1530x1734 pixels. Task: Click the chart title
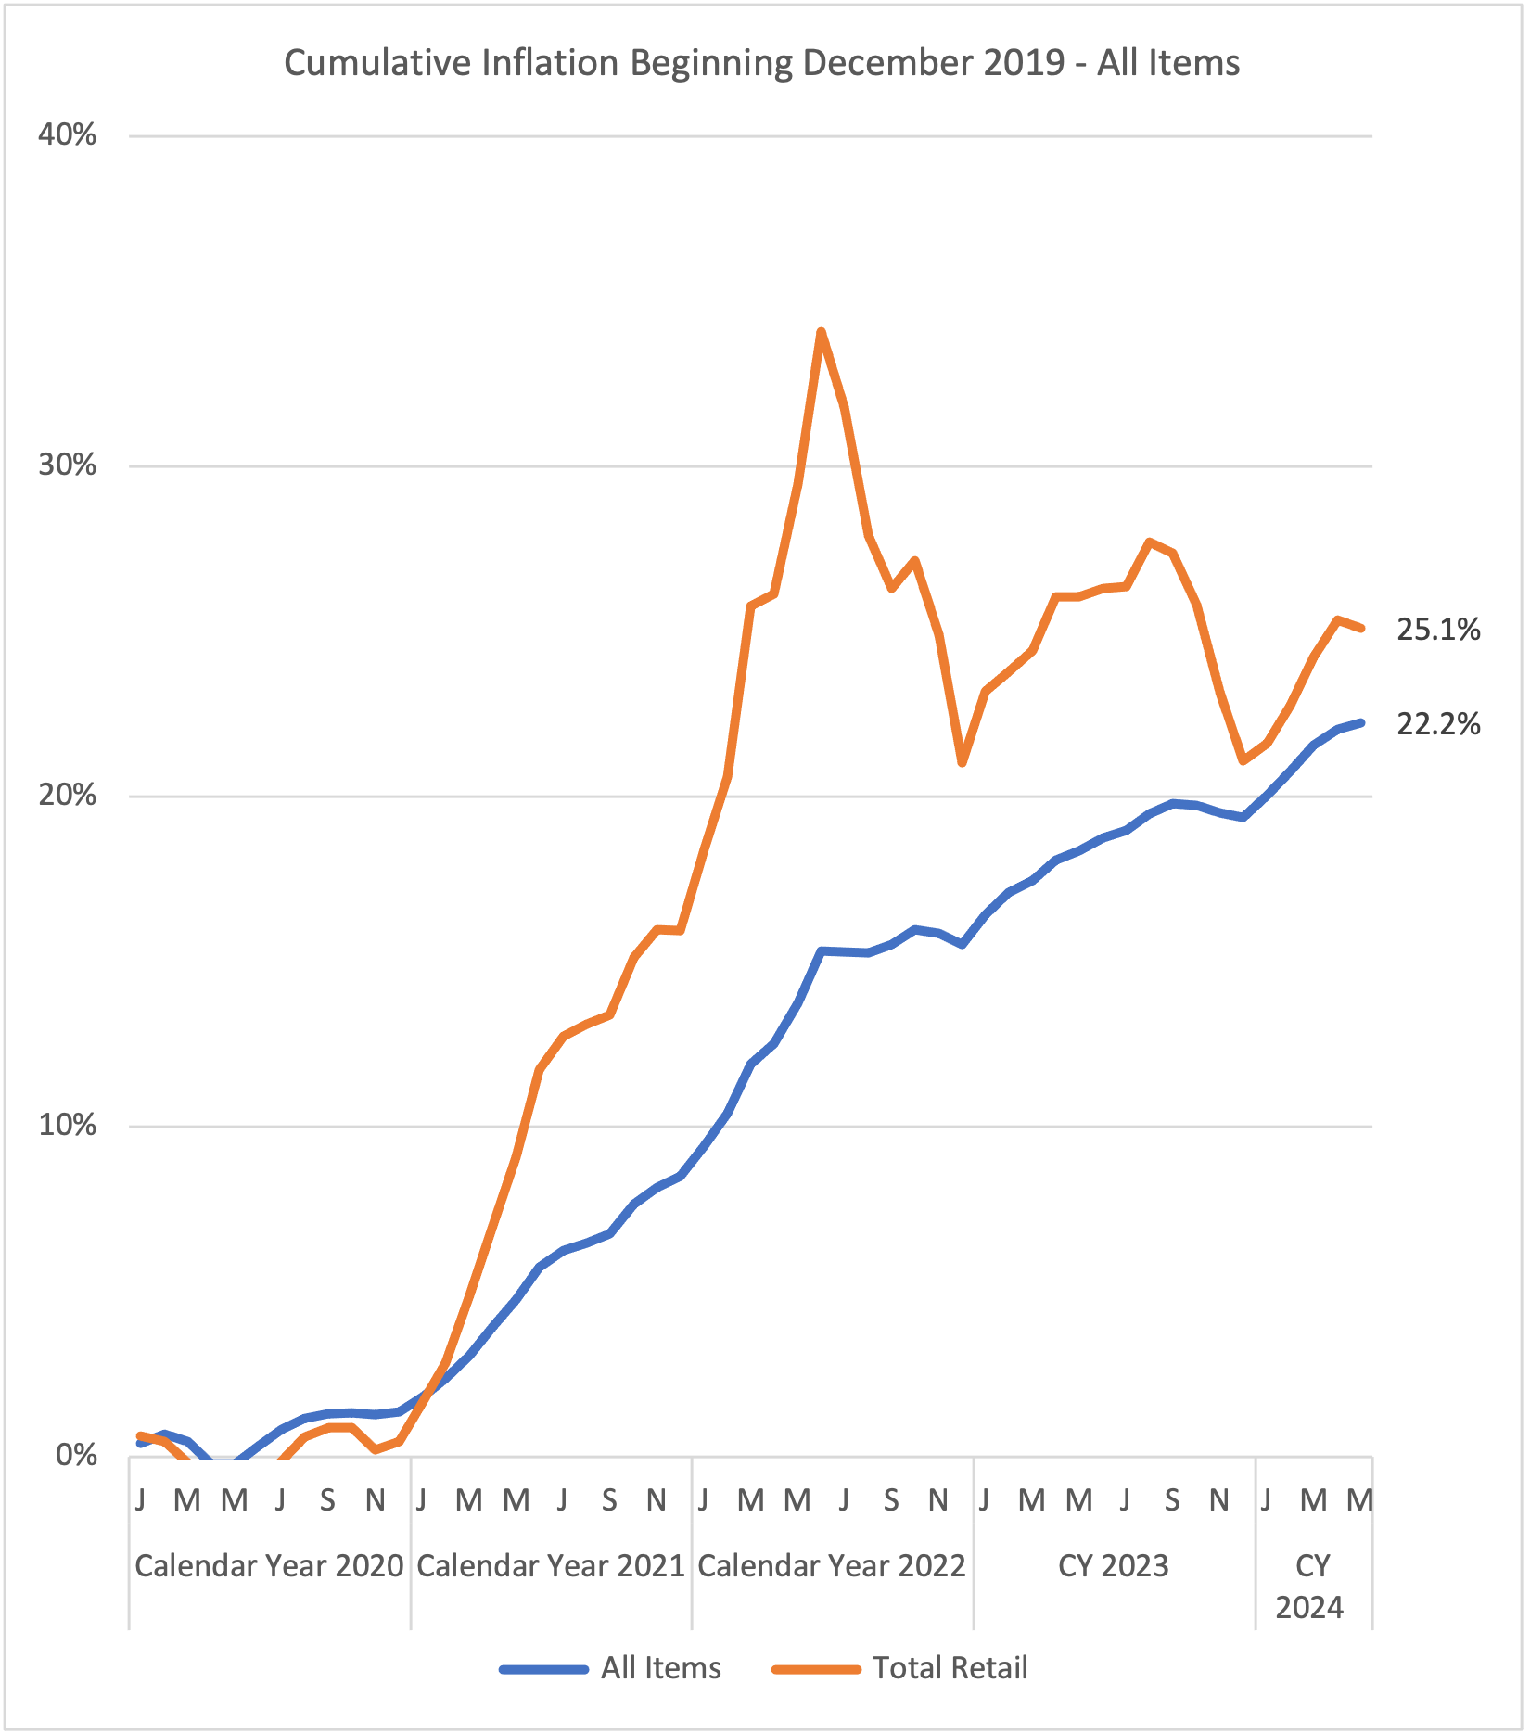[x=761, y=63]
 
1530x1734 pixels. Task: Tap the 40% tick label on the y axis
[x=67, y=135]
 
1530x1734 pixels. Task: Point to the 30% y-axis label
[x=67, y=465]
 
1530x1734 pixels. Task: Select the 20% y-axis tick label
[x=67, y=796]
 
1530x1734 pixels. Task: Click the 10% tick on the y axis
[x=67, y=1126]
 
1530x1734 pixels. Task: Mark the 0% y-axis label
[x=76, y=1456]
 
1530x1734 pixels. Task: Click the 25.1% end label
[x=1438, y=631]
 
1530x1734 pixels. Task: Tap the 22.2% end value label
[x=1438, y=724]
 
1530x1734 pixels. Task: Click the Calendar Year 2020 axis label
[x=269, y=1566]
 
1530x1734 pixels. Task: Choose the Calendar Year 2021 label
[x=551, y=1566]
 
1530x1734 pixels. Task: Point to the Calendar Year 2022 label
[x=832, y=1566]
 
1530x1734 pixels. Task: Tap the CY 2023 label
[x=1114, y=1566]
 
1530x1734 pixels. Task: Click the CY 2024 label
[x=1310, y=1587]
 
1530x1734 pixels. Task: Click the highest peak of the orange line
[x=822, y=331]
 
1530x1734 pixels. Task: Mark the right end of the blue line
[x=1360, y=722]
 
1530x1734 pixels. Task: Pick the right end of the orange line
[x=1360, y=629]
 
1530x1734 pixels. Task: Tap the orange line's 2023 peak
[x=1150, y=542]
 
